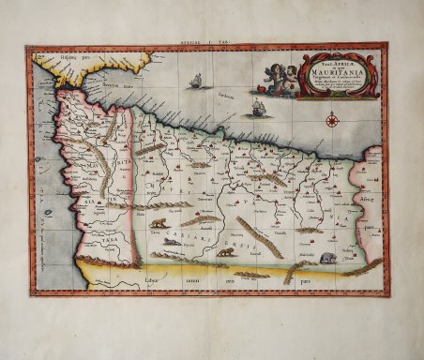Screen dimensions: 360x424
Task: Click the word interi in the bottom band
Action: tap(195, 281)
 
